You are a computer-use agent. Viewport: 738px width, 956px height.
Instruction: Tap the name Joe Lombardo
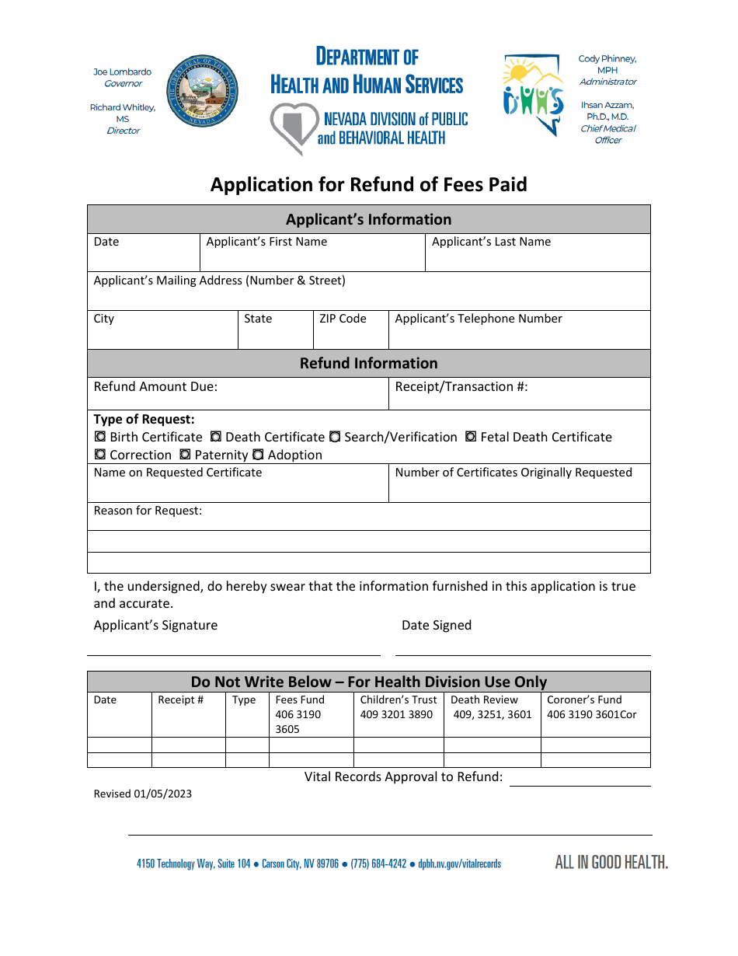(x=123, y=72)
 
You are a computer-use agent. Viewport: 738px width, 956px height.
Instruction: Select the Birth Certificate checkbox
(x=100, y=438)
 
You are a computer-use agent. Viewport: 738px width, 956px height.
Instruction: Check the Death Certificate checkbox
(x=216, y=438)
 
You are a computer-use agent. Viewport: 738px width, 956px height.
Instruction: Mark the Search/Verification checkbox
(x=335, y=438)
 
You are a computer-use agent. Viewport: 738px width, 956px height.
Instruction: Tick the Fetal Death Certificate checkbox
(x=471, y=438)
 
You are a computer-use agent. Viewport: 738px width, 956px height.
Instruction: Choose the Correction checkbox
(x=100, y=455)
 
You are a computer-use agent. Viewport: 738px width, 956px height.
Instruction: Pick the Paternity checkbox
(x=185, y=455)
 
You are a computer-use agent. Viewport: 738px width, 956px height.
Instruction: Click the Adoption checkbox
(x=258, y=455)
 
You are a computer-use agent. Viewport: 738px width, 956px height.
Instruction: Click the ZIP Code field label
(x=342, y=319)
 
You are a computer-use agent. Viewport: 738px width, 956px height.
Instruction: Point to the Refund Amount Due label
(x=155, y=387)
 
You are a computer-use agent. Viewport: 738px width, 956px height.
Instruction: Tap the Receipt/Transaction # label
(x=461, y=387)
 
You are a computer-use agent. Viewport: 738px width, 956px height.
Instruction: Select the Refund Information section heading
(x=368, y=364)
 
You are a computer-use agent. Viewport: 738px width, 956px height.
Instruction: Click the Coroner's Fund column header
(x=584, y=700)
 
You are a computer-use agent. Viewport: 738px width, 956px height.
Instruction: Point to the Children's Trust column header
(x=399, y=700)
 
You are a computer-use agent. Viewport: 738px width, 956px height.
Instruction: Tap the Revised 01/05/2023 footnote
(x=142, y=794)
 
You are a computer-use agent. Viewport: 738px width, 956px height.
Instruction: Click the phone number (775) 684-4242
(x=378, y=864)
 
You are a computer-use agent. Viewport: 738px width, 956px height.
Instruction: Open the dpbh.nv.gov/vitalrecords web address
(x=459, y=864)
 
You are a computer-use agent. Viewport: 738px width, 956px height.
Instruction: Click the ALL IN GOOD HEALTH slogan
(x=611, y=862)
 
